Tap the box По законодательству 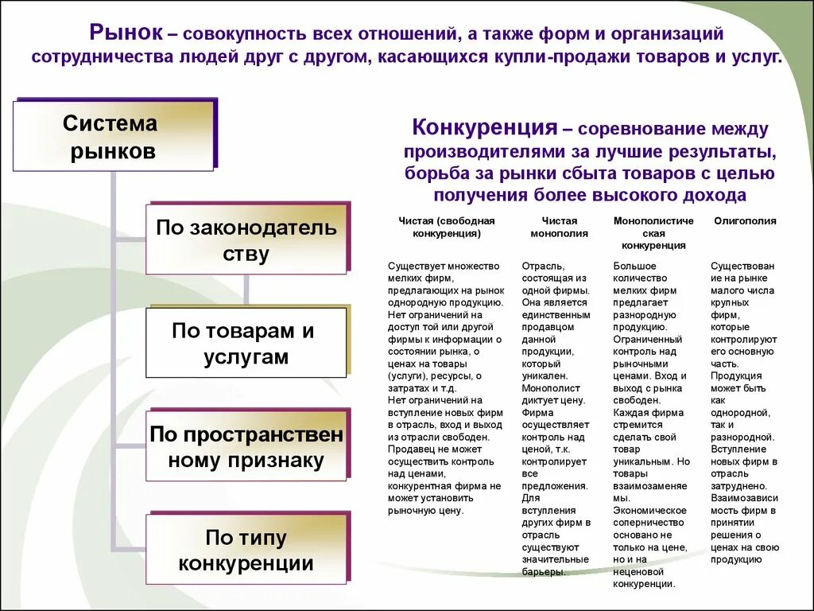246,240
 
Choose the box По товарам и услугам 246,343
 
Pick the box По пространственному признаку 246,446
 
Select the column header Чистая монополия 560,228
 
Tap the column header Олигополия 745,221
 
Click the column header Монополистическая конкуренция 653,233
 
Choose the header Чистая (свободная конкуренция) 447,228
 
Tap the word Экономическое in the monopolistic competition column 649,510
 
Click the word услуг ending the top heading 758,58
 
